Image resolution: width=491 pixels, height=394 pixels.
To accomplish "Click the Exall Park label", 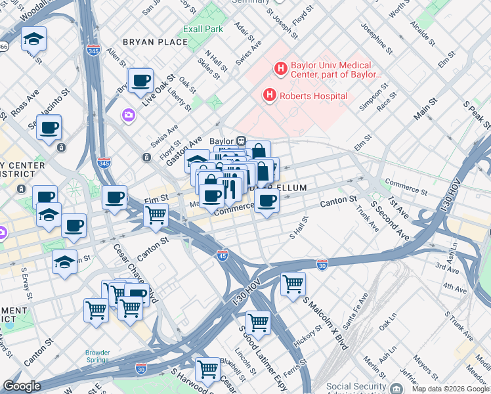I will pos(203,29).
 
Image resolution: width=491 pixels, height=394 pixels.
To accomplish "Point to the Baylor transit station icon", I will pos(241,141).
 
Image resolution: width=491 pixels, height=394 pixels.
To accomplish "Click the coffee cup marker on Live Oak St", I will pos(140,81).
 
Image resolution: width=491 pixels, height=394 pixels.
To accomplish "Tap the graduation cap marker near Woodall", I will pos(33,40).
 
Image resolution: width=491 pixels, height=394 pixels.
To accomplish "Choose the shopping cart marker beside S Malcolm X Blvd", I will pos(293,284).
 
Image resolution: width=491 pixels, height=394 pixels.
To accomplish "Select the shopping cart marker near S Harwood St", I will pos(208,369).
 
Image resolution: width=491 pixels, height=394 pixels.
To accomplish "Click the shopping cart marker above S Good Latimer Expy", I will pos(258,322).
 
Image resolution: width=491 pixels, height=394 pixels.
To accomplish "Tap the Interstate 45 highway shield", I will pos(223,253).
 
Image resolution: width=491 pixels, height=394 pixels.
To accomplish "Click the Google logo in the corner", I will pos(22,386).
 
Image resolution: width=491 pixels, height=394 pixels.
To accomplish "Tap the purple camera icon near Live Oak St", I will pos(128,116).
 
